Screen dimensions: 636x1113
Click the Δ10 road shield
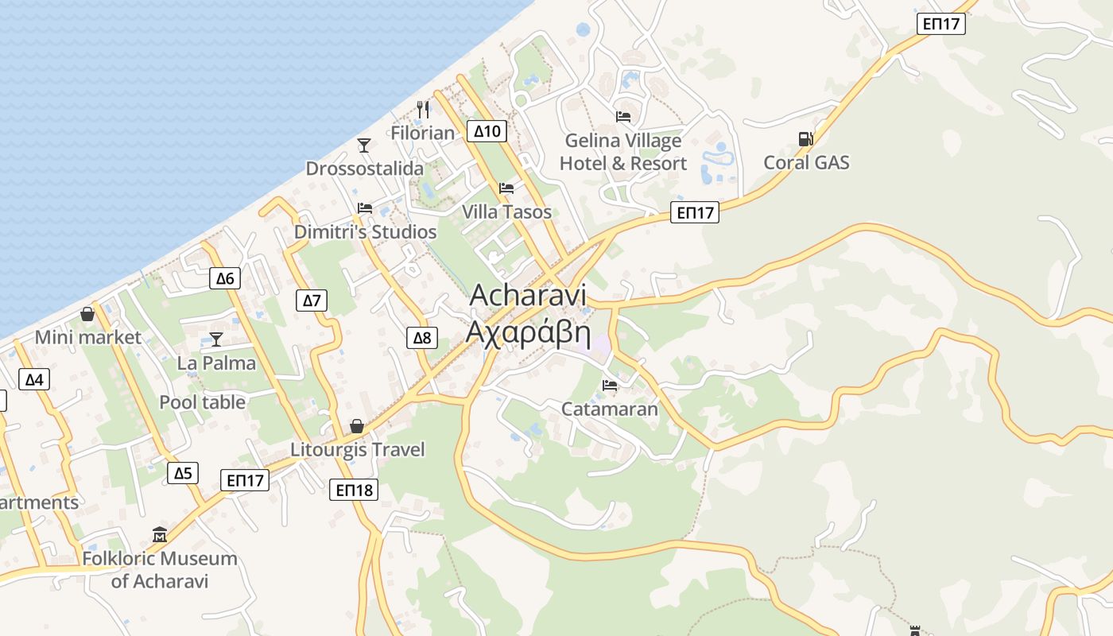point(487,131)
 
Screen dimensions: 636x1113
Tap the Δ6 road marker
point(226,278)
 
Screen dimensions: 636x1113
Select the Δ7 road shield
point(312,301)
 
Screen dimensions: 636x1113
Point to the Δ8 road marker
point(422,338)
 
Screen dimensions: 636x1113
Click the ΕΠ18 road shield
point(354,490)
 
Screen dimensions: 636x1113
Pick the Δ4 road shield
point(33,379)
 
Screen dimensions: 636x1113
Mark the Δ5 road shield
point(183,473)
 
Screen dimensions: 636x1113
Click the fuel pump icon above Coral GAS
point(806,139)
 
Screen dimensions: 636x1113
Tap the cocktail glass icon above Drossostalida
point(364,145)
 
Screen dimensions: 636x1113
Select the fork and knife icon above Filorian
point(423,109)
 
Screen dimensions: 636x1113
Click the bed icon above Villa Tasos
point(506,188)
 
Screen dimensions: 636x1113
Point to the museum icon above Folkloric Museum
point(160,534)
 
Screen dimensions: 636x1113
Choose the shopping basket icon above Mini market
point(87,314)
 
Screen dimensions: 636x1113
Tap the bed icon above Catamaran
point(610,386)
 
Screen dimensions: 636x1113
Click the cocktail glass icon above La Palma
point(215,339)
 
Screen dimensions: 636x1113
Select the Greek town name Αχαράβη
point(528,334)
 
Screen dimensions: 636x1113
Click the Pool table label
point(203,402)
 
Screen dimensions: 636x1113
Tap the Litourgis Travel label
point(357,450)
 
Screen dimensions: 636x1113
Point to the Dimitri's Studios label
point(365,232)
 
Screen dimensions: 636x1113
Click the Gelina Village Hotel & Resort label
point(622,152)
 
